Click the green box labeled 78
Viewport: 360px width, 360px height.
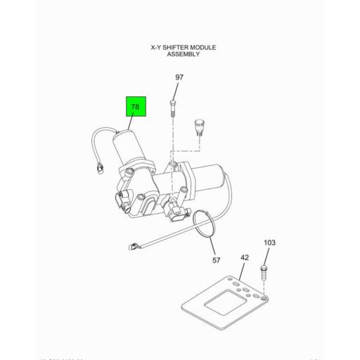point(135,108)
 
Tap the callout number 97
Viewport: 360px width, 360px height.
point(179,77)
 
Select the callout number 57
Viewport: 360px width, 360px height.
point(217,260)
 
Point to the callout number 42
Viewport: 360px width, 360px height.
point(245,257)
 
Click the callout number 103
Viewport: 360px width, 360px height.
point(270,243)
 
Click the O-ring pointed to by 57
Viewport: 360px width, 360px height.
point(206,226)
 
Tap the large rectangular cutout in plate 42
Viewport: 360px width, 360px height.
point(221,298)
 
